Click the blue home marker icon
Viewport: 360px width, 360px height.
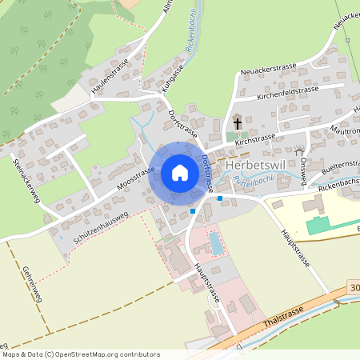point(179,173)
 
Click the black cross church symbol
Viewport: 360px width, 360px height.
point(238,123)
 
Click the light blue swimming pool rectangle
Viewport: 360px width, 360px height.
point(216,242)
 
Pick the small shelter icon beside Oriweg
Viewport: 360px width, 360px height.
point(299,150)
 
